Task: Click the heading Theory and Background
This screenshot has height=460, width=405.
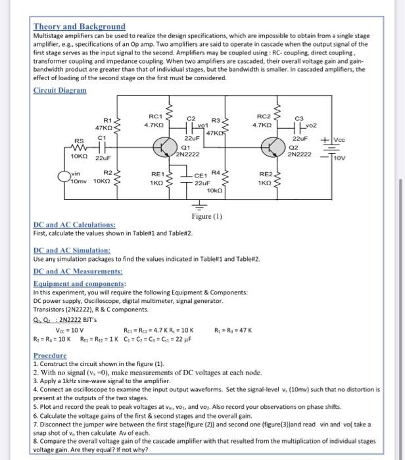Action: [x=79, y=27]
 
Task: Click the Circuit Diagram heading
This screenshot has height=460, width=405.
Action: [x=59, y=90]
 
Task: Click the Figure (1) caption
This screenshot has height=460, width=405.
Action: [x=207, y=216]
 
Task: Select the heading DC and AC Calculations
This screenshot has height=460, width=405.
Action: [x=74, y=225]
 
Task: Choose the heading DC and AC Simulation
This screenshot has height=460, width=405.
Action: [x=71, y=250]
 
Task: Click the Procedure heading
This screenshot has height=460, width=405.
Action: [x=50, y=356]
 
